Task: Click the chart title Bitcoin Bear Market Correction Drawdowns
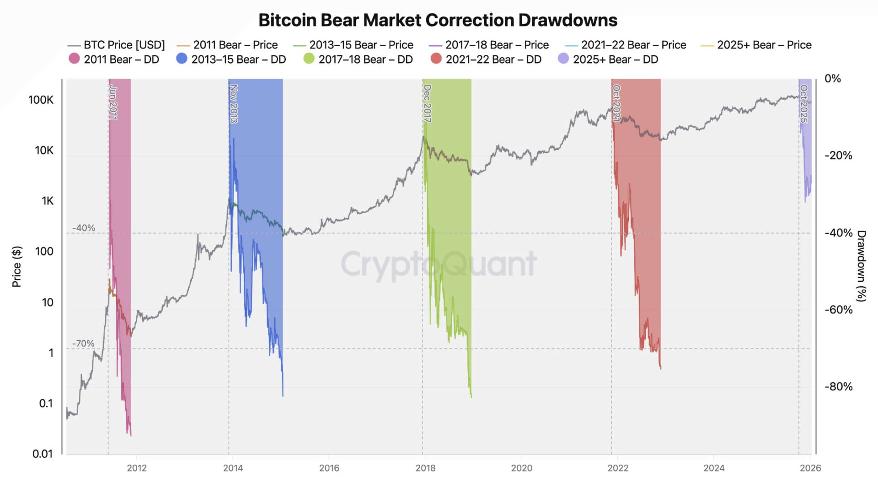(438, 20)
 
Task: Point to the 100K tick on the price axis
(41, 100)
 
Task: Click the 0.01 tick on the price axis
(43, 454)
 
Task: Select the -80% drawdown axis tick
(838, 386)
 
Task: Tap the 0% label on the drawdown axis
(832, 79)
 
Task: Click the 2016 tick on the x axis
(329, 468)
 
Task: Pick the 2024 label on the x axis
(714, 468)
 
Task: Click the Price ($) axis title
(16, 267)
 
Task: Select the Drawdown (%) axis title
(862, 266)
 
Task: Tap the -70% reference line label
(83, 343)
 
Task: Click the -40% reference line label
(84, 228)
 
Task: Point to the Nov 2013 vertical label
(234, 104)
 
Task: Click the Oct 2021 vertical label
(616, 103)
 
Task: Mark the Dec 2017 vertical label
(427, 104)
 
